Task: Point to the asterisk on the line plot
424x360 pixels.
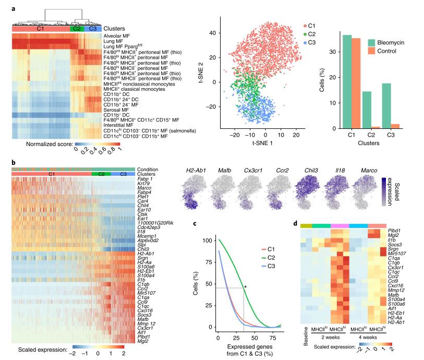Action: pos(245,286)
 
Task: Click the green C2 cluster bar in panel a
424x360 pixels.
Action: pos(77,28)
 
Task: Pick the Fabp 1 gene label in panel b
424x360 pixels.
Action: pos(145,179)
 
